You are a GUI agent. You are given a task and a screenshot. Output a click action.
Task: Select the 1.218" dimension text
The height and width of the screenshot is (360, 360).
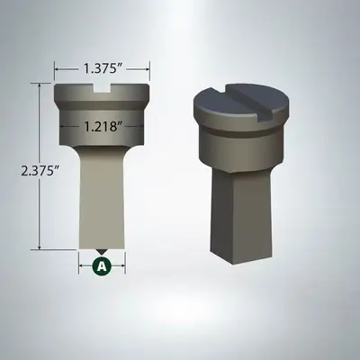tap(102, 127)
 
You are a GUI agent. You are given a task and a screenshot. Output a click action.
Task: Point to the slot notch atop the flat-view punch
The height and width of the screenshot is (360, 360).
tap(102, 87)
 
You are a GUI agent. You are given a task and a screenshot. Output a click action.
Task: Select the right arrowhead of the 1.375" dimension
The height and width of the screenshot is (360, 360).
tap(148, 69)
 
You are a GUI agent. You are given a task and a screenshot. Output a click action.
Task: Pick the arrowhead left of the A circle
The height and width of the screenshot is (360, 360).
tap(83, 265)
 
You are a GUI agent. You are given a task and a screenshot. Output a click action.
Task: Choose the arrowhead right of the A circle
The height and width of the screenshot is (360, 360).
tap(121, 265)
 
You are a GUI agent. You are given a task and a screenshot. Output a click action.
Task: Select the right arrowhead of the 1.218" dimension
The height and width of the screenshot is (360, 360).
tap(140, 127)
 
